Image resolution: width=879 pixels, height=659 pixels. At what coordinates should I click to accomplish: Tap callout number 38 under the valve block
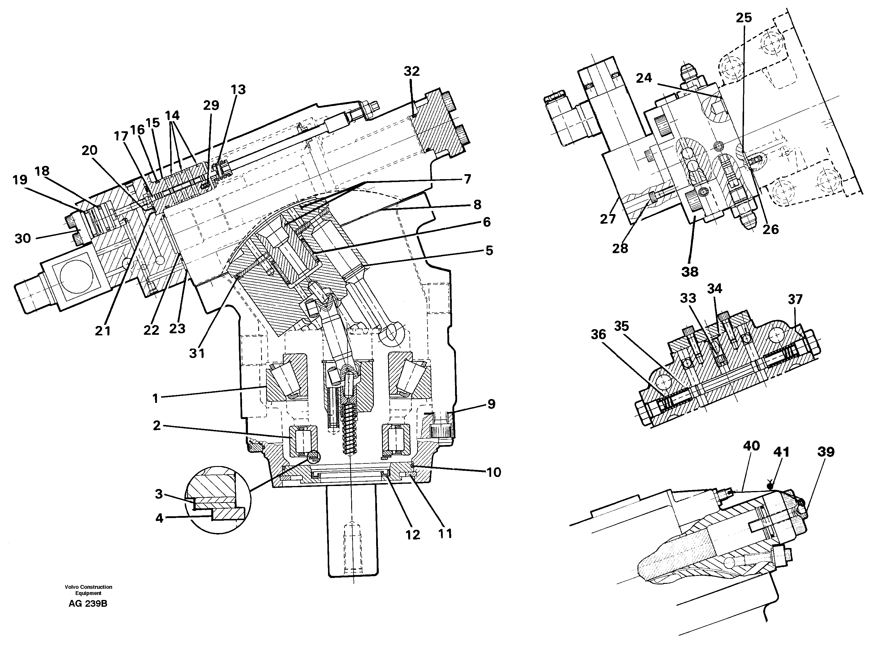point(689,272)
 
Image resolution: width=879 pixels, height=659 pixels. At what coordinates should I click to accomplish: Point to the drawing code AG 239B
point(88,604)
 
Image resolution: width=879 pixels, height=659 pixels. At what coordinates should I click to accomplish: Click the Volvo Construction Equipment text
point(88,590)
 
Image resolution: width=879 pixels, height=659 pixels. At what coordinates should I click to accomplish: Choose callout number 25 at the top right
point(743,18)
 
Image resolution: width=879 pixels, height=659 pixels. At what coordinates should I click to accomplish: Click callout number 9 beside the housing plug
point(491,404)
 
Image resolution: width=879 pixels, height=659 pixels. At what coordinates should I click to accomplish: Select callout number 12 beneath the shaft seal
point(413,535)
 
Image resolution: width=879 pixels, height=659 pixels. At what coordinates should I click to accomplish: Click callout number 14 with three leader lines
point(172,116)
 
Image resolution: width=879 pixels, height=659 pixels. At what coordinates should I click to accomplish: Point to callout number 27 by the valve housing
point(608,219)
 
